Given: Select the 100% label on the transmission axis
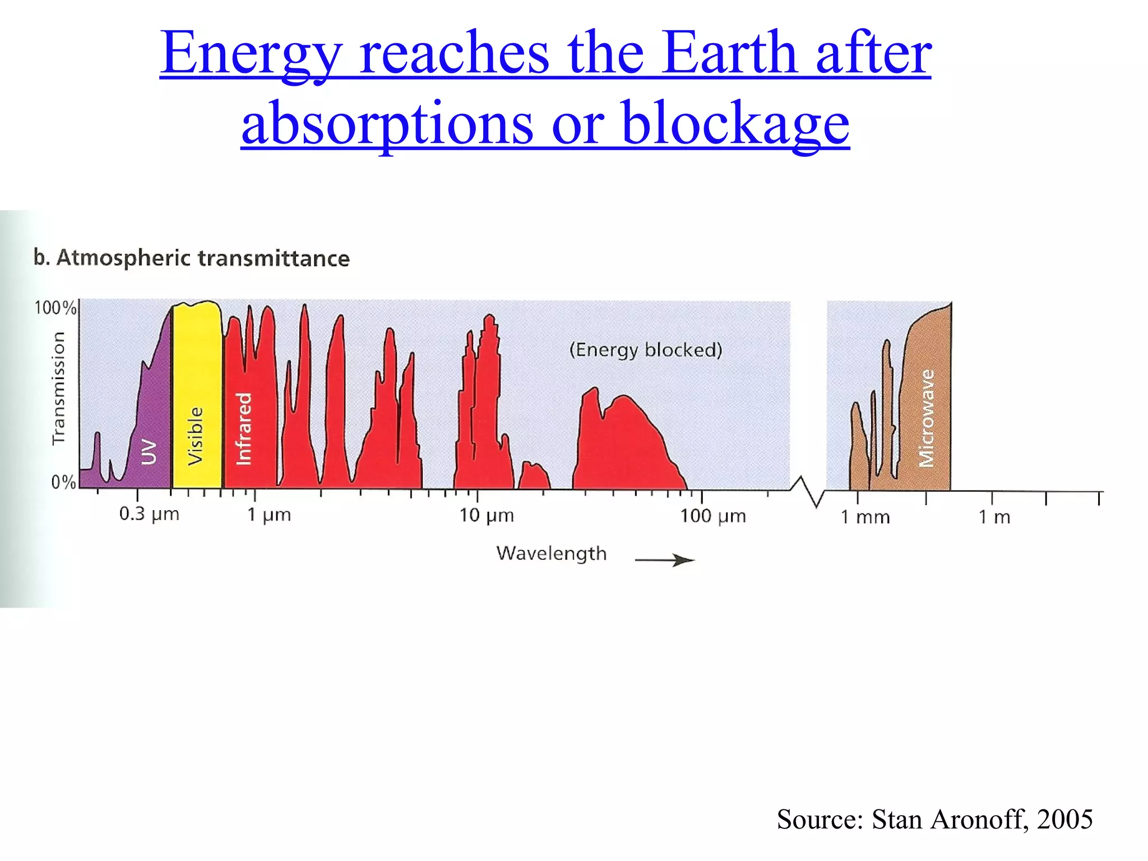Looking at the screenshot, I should [x=55, y=308].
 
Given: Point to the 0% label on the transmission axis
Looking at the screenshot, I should [x=63, y=482].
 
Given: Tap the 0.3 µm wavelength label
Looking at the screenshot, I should [x=149, y=514].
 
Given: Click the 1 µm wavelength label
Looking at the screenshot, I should [x=269, y=515].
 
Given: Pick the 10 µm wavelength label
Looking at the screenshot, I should [x=487, y=515].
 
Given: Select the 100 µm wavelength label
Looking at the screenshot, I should [x=713, y=516].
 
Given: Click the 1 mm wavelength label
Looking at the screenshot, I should [x=865, y=517].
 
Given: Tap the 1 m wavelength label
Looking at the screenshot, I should [x=994, y=517].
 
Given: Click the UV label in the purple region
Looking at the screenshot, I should [x=149, y=452].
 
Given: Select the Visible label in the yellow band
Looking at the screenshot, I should [x=195, y=436].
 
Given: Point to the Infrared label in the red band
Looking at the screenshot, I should [x=244, y=429].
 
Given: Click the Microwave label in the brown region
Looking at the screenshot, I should [x=927, y=418].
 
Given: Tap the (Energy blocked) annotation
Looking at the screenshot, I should [x=646, y=350].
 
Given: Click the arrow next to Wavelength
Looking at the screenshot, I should [x=665, y=560].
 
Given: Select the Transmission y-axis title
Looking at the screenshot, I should [x=58, y=388].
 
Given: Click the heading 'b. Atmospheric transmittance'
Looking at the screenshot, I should [x=192, y=258].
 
